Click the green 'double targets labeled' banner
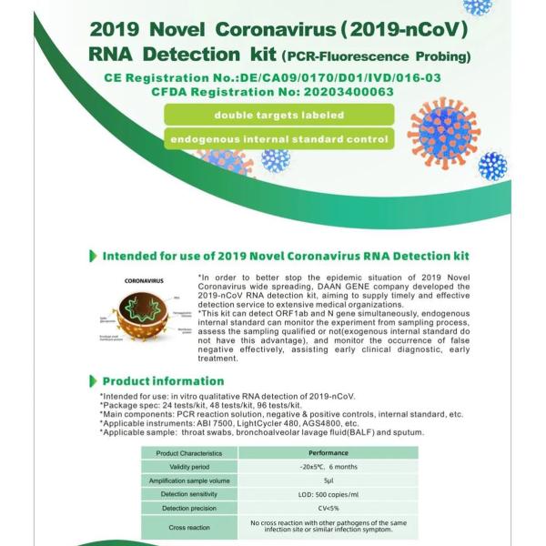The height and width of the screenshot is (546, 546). coord(278,115)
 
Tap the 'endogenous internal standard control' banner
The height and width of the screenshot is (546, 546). coord(278,140)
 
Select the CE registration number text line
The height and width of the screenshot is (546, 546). coord(273,77)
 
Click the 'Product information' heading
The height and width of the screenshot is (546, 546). coord(150,380)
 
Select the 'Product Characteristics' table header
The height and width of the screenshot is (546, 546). coord(188,452)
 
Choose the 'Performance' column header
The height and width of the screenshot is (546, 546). coord(329,452)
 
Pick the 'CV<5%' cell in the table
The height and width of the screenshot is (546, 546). coord(329,508)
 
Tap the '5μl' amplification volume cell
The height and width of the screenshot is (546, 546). coord(329,480)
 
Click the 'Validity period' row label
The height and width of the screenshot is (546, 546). coord(188,466)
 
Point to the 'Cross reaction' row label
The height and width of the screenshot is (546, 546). coord(188,527)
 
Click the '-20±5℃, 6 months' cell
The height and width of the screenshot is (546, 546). coord(329,466)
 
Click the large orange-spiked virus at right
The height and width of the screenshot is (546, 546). coord(443,134)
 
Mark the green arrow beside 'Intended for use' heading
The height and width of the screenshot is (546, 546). coord(93,257)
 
